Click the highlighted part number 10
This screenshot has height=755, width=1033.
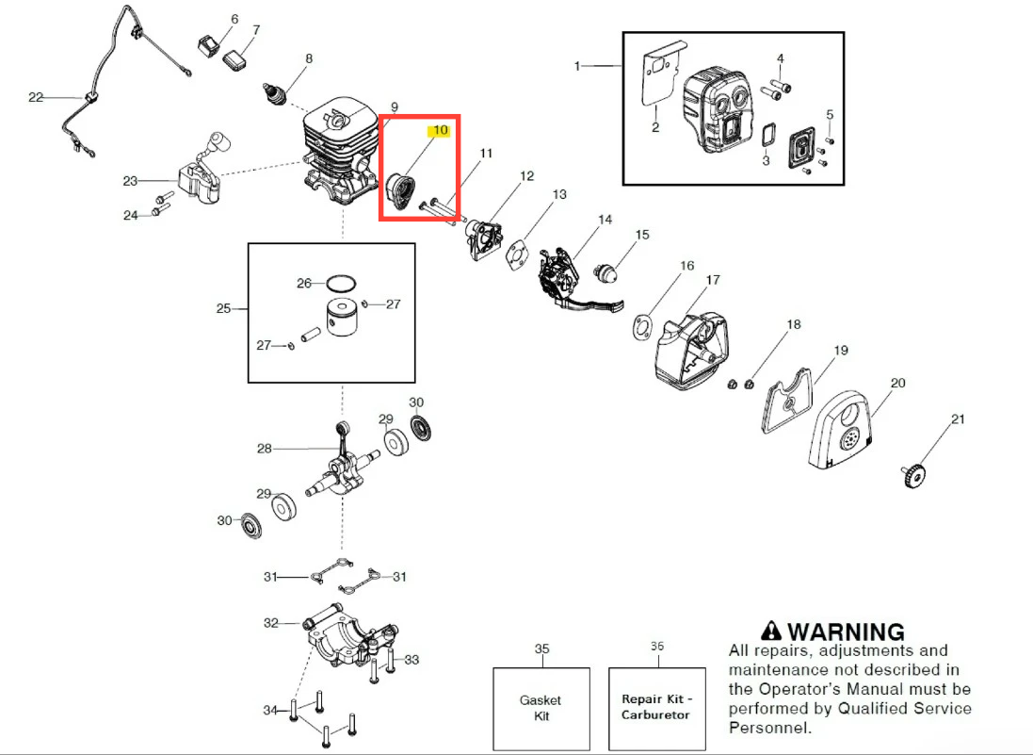point(440,131)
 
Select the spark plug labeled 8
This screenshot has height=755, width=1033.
point(275,93)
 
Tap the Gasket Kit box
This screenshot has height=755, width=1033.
point(541,707)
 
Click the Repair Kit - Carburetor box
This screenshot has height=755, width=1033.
point(655,707)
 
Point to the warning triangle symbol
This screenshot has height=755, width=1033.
point(771,631)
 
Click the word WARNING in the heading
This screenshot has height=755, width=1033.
point(846,632)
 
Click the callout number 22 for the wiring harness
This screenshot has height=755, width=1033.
point(36,97)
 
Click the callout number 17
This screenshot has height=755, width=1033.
point(713,280)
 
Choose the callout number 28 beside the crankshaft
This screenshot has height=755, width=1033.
point(264,449)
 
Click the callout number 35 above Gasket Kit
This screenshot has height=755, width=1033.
point(541,648)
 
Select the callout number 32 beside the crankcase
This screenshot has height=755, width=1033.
point(271,623)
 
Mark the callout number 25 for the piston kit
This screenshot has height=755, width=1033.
point(223,308)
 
